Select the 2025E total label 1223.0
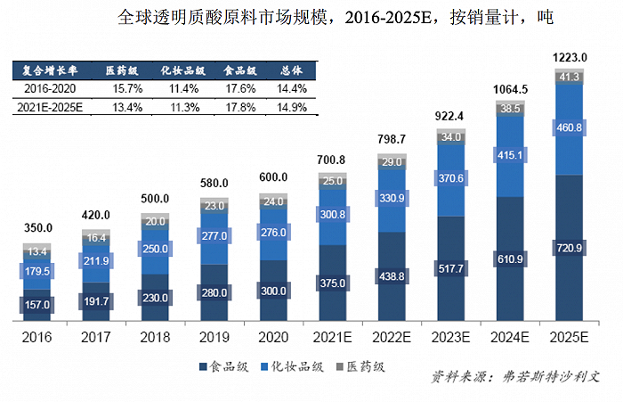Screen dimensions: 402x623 pyautogui.click(x=569, y=58)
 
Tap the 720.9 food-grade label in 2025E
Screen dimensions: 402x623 pyautogui.click(x=569, y=247)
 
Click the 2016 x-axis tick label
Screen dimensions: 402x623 pyautogui.click(x=36, y=339)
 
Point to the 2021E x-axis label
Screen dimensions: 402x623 pyautogui.click(x=332, y=339)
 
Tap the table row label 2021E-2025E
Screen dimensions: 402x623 pyautogui.click(x=50, y=107)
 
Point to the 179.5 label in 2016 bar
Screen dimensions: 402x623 pyautogui.click(x=36, y=270)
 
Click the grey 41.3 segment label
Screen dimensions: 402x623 pyautogui.click(x=569, y=78)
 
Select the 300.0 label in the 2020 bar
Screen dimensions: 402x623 pyautogui.click(x=273, y=291)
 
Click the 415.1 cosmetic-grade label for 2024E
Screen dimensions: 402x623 pyautogui.click(x=510, y=155)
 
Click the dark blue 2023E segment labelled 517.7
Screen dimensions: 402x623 pyautogui.click(x=450, y=267)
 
